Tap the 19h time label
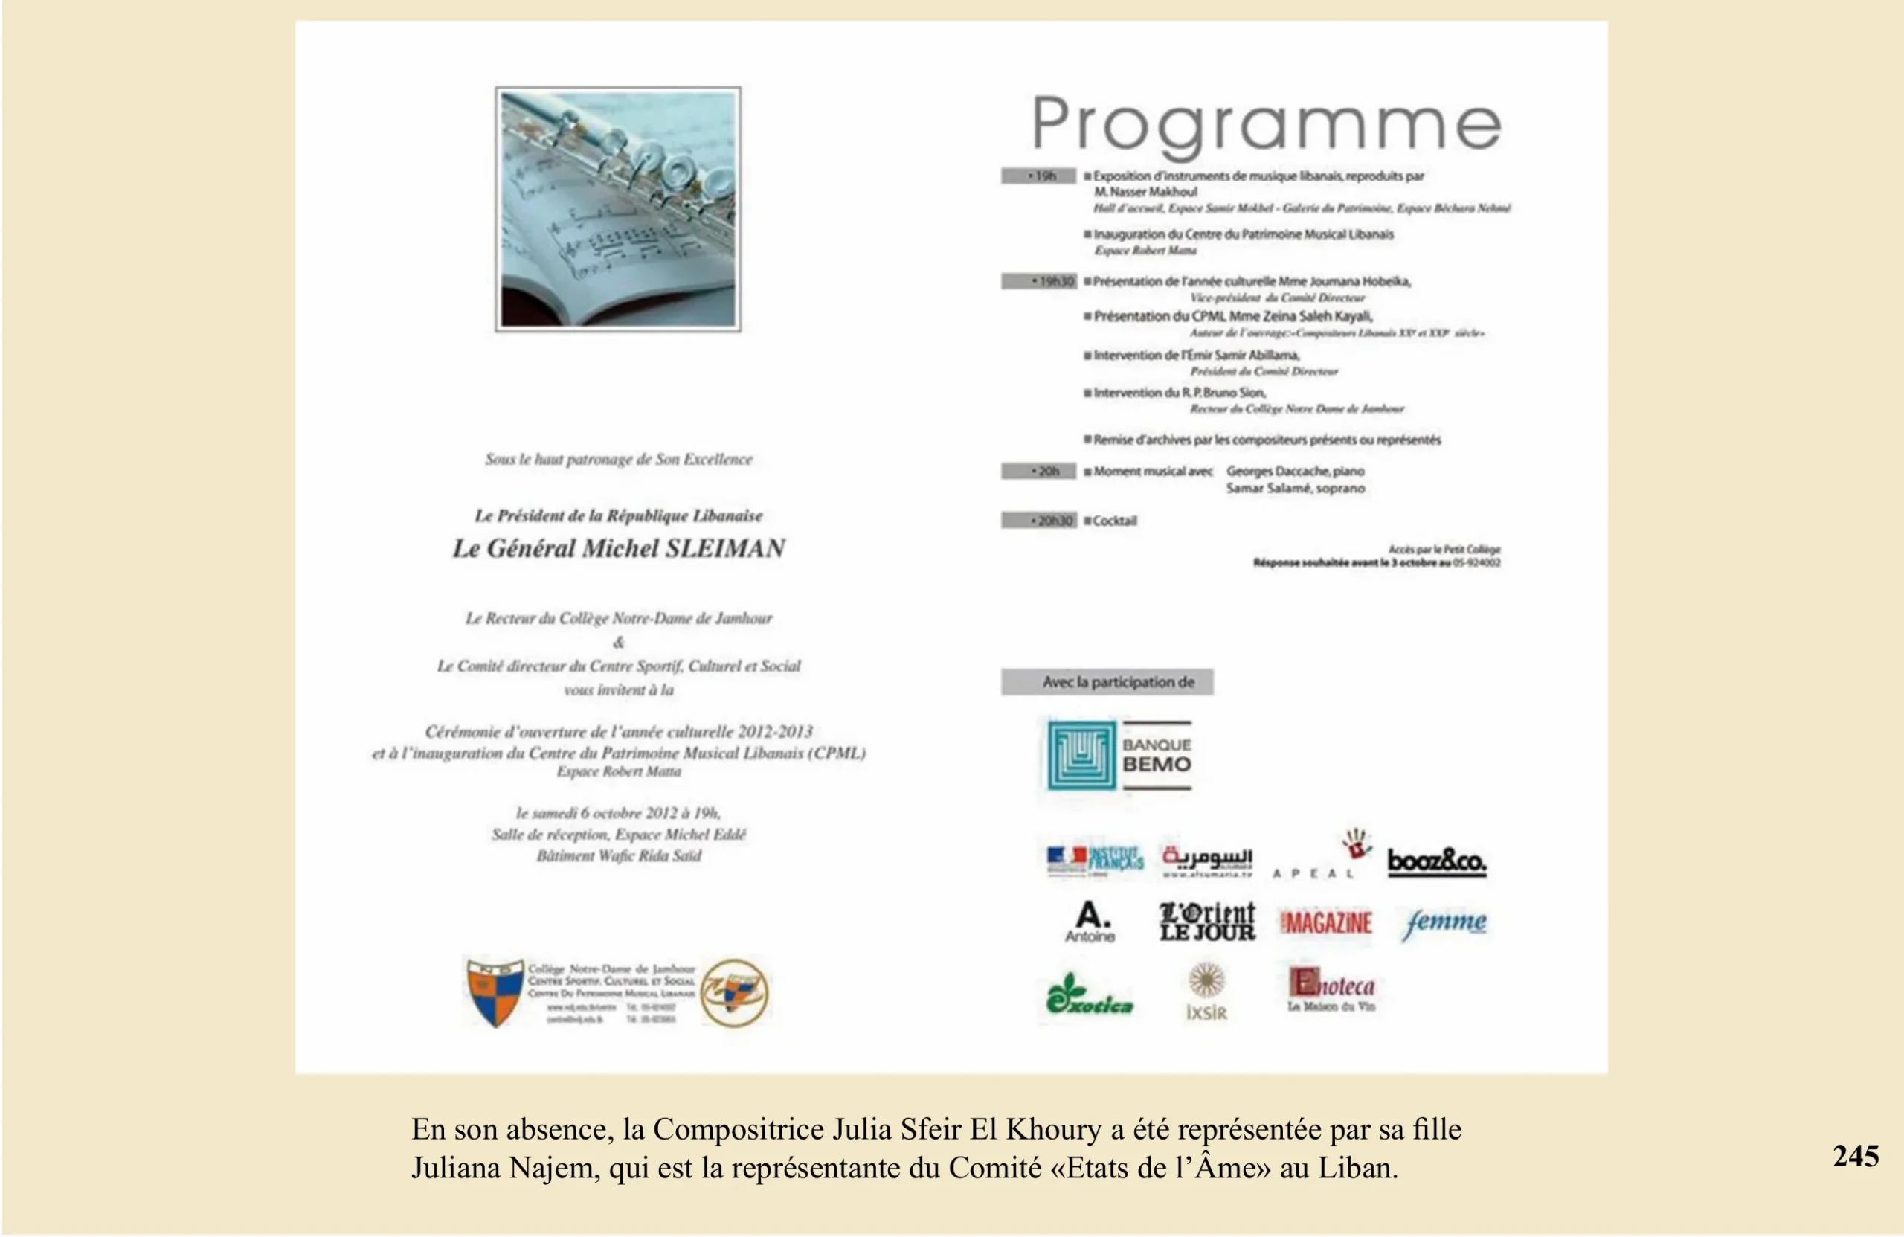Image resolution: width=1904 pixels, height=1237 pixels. point(1038,176)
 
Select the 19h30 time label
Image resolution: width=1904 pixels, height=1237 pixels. point(1039,282)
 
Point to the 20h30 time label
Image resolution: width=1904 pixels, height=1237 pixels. point(1039,521)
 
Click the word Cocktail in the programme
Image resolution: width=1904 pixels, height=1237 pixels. point(1114,521)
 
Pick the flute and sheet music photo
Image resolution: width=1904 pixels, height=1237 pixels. point(617,209)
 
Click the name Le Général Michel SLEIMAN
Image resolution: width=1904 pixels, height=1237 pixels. point(618,549)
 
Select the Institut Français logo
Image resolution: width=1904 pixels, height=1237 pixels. point(1094,861)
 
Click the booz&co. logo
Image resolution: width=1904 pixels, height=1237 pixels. point(1437,862)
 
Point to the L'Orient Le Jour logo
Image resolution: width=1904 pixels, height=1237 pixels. point(1207,922)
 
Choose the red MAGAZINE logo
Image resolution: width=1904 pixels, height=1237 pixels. point(1326,923)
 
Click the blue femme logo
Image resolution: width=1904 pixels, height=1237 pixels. point(1445,923)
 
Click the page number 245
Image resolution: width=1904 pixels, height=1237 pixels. point(1856,1157)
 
